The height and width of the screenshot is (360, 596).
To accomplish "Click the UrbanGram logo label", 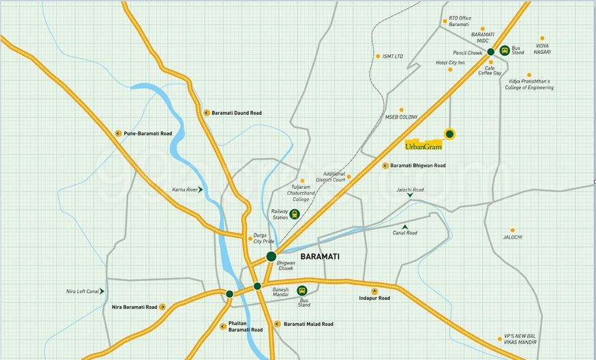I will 423,145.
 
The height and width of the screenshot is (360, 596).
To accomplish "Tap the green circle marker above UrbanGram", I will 449,134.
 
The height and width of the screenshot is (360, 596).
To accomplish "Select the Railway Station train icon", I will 295,214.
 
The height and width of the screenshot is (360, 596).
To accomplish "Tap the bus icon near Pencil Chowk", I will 505,50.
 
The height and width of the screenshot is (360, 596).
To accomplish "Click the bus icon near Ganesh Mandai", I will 302,291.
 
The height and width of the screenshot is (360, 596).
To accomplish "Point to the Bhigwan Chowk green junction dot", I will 271,256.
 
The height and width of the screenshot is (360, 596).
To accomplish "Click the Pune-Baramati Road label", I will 148,134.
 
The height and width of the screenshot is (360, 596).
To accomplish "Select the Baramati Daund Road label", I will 237,112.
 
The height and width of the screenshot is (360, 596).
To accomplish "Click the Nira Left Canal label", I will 83,291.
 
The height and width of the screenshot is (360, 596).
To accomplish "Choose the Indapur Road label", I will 374,298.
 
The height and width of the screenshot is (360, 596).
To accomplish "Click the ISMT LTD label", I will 393,56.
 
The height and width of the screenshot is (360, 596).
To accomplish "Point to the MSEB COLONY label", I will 401,117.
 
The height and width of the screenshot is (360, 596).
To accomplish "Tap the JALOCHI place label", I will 513,237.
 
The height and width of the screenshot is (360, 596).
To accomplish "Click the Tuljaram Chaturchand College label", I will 301,194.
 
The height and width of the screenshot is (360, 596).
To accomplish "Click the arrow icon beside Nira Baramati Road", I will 162,307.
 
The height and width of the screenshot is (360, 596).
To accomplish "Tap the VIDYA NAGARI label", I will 543,48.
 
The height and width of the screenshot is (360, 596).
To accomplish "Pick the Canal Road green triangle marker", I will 405,226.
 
